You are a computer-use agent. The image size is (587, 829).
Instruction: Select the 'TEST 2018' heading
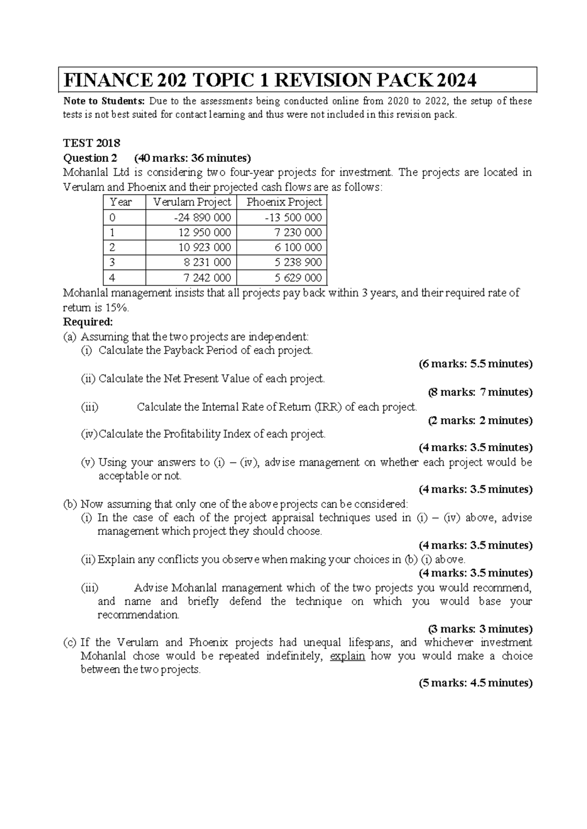[x=92, y=143]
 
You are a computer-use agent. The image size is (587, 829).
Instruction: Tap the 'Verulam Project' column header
[x=192, y=202]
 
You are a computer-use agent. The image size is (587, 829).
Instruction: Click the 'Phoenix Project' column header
[x=284, y=202]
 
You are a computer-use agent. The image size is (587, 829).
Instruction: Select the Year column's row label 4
[x=113, y=278]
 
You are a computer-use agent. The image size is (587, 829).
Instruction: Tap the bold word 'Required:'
[x=88, y=322]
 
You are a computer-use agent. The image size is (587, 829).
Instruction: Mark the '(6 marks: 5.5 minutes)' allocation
[x=475, y=364]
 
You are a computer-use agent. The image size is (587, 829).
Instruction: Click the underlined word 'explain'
[x=347, y=656]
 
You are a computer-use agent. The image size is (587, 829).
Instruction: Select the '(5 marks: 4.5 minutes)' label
[x=475, y=683]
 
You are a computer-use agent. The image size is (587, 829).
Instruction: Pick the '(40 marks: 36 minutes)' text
[x=192, y=158]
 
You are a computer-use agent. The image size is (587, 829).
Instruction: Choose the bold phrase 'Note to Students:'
[x=104, y=101]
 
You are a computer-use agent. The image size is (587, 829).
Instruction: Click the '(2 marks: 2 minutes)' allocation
[x=480, y=420]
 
